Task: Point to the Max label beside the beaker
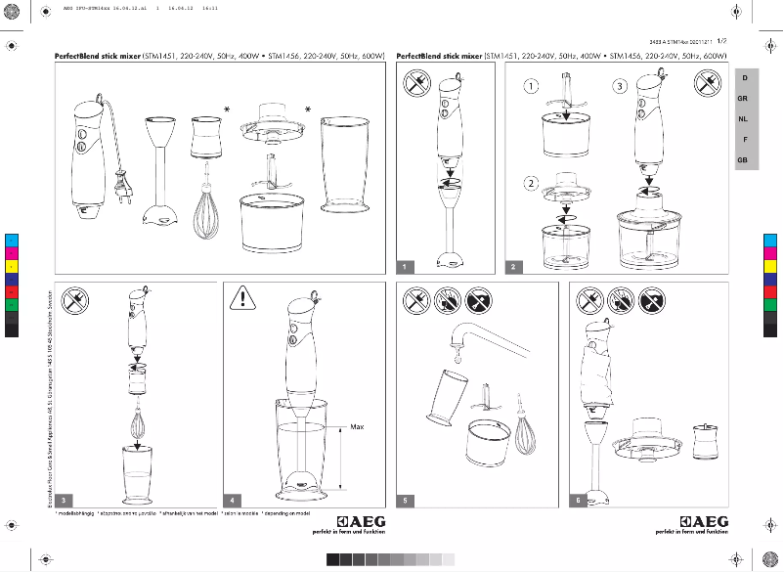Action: (x=357, y=427)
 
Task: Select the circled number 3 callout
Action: (x=620, y=86)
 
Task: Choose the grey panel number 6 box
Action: (x=580, y=500)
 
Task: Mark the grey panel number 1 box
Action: (x=405, y=266)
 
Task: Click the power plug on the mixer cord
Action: (x=122, y=183)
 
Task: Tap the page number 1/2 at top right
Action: (x=721, y=42)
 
